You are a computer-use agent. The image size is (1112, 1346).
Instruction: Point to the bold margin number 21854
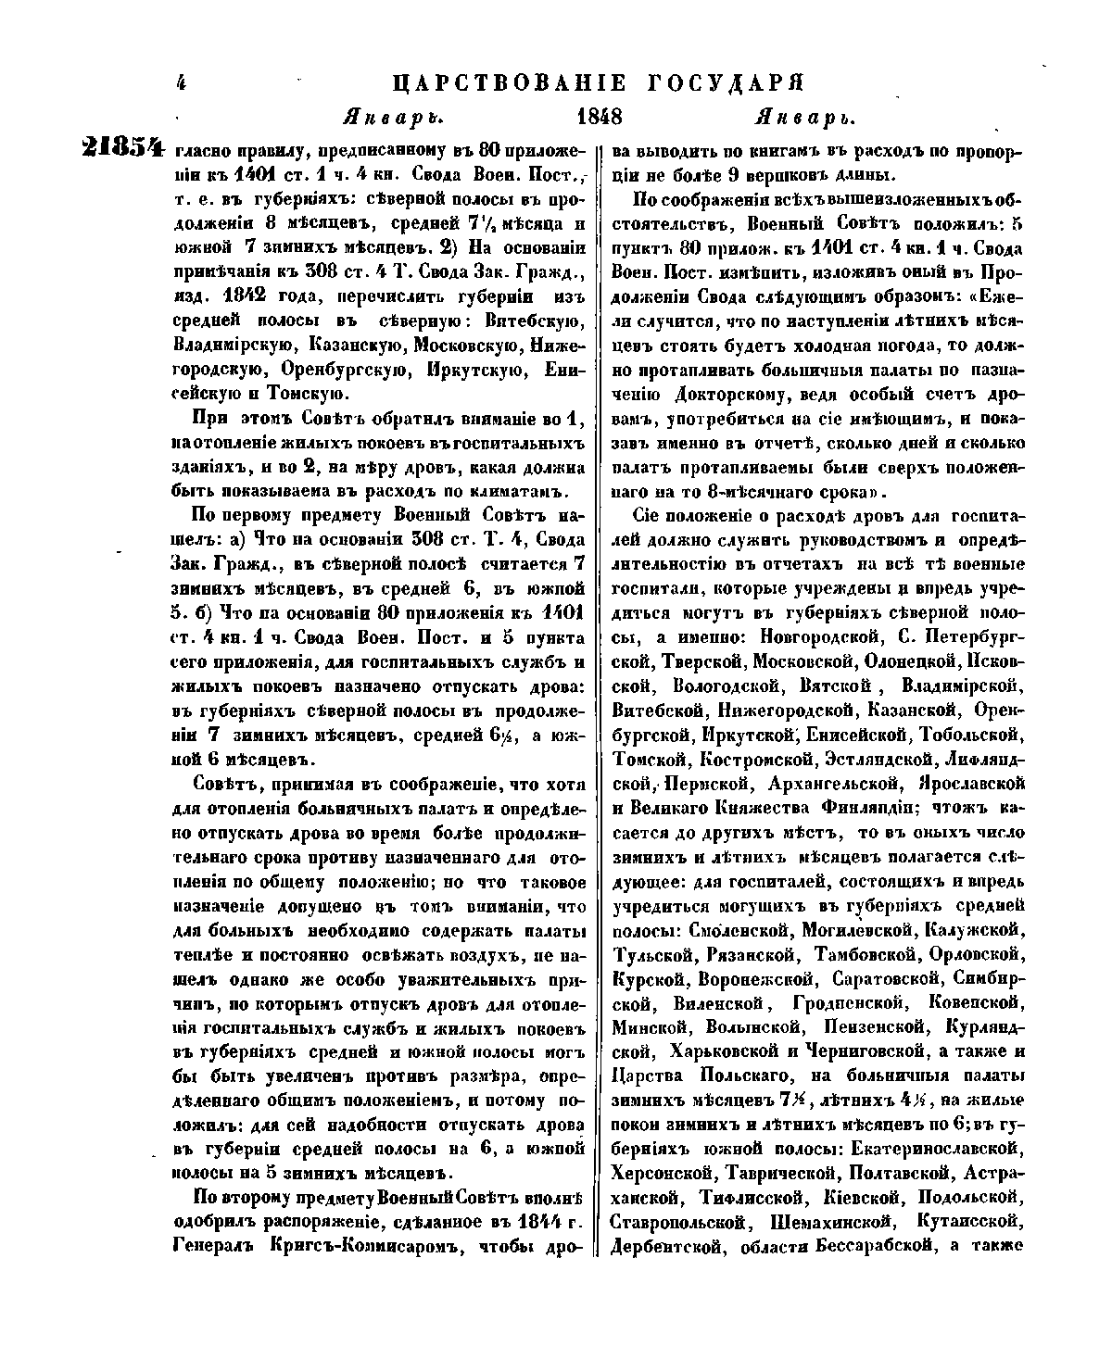122,148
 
